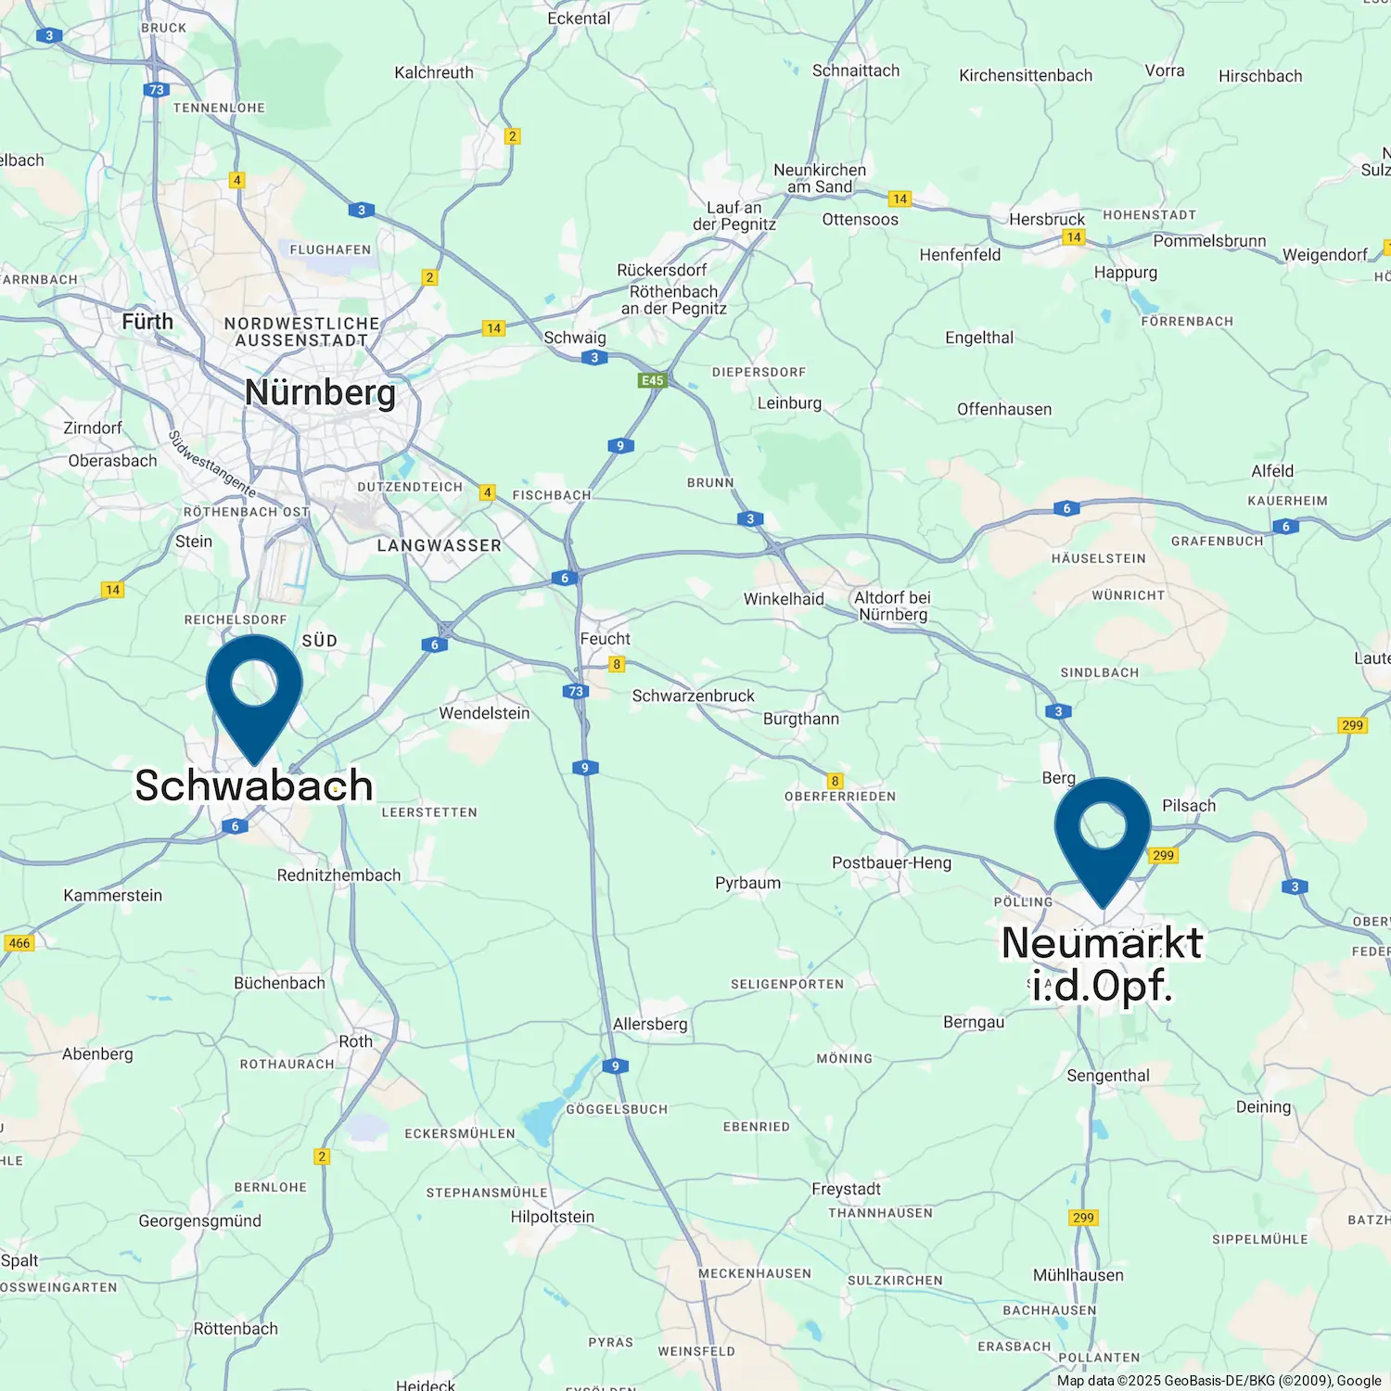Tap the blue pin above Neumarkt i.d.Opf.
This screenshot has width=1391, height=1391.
[x=1103, y=831]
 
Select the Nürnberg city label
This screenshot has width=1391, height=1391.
[x=320, y=392]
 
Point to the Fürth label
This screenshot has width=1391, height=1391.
[x=147, y=322]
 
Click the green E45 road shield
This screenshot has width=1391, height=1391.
[x=653, y=380]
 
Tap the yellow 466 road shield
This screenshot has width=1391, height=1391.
[x=19, y=943]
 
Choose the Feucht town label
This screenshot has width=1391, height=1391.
[x=605, y=639]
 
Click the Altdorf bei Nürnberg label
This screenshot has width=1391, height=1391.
[x=892, y=606]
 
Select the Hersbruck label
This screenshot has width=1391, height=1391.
[x=1046, y=220]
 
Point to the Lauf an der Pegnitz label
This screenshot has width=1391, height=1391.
[x=734, y=216]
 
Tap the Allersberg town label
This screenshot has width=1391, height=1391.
[x=650, y=1024]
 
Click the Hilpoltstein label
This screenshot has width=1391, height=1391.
[x=552, y=1217]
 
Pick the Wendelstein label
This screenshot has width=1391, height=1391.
[x=484, y=713]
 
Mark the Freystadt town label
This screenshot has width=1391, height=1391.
[x=846, y=1189]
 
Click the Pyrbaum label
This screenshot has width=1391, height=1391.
[x=747, y=883]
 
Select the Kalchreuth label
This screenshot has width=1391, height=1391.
[x=434, y=72]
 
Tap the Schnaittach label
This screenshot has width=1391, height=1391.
[x=855, y=70]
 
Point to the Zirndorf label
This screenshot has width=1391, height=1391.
[x=93, y=428]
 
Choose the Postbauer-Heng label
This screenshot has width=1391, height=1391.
[x=891, y=862]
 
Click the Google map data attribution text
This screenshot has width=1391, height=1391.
[x=1219, y=1381]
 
